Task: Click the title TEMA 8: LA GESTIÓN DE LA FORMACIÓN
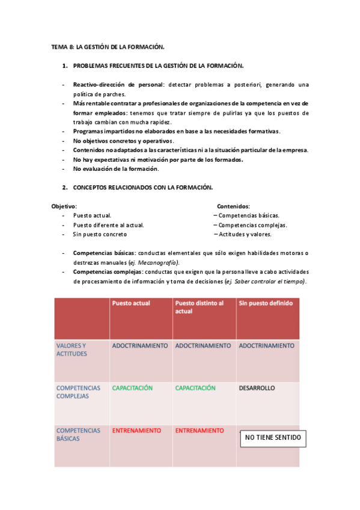pyautogui.click(x=108, y=46)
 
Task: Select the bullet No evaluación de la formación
pyautogui.click(x=116, y=168)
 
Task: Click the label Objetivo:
pyautogui.click(x=64, y=206)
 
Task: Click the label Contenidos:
pyautogui.click(x=233, y=206)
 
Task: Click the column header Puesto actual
pyautogui.click(x=131, y=303)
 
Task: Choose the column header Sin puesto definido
pyautogui.click(x=266, y=303)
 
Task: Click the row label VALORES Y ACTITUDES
pyautogui.click(x=72, y=349)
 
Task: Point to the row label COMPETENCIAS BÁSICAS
pyautogui.click(x=78, y=434)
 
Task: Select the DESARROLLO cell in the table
pyautogui.click(x=257, y=388)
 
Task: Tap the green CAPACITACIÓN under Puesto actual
pyautogui.click(x=132, y=388)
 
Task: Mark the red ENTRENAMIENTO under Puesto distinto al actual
pyautogui.click(x=200, y=431)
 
